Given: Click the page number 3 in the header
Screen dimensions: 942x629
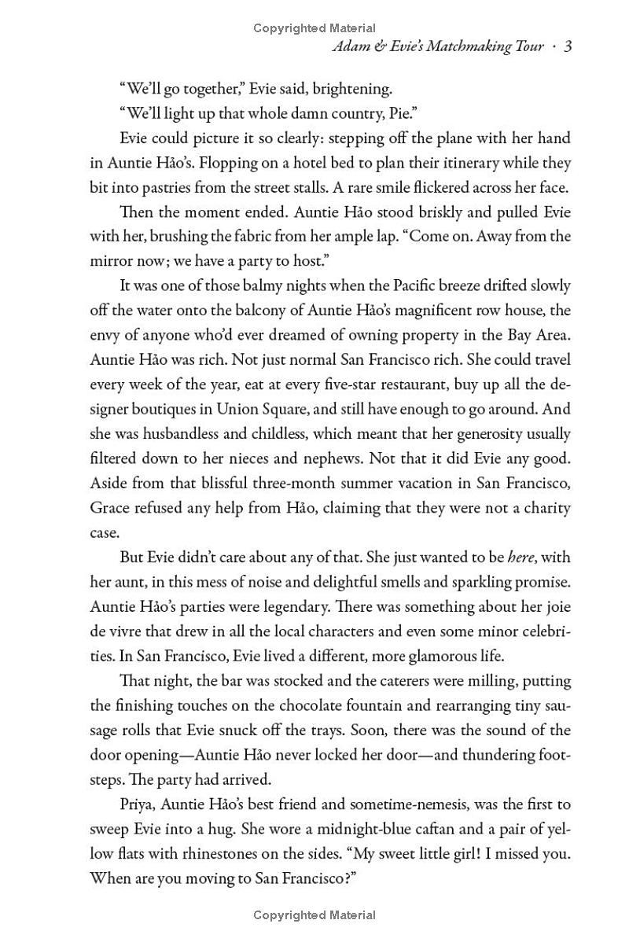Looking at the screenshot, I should coord(567,47).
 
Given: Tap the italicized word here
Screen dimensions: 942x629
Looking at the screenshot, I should coord(520,557).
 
